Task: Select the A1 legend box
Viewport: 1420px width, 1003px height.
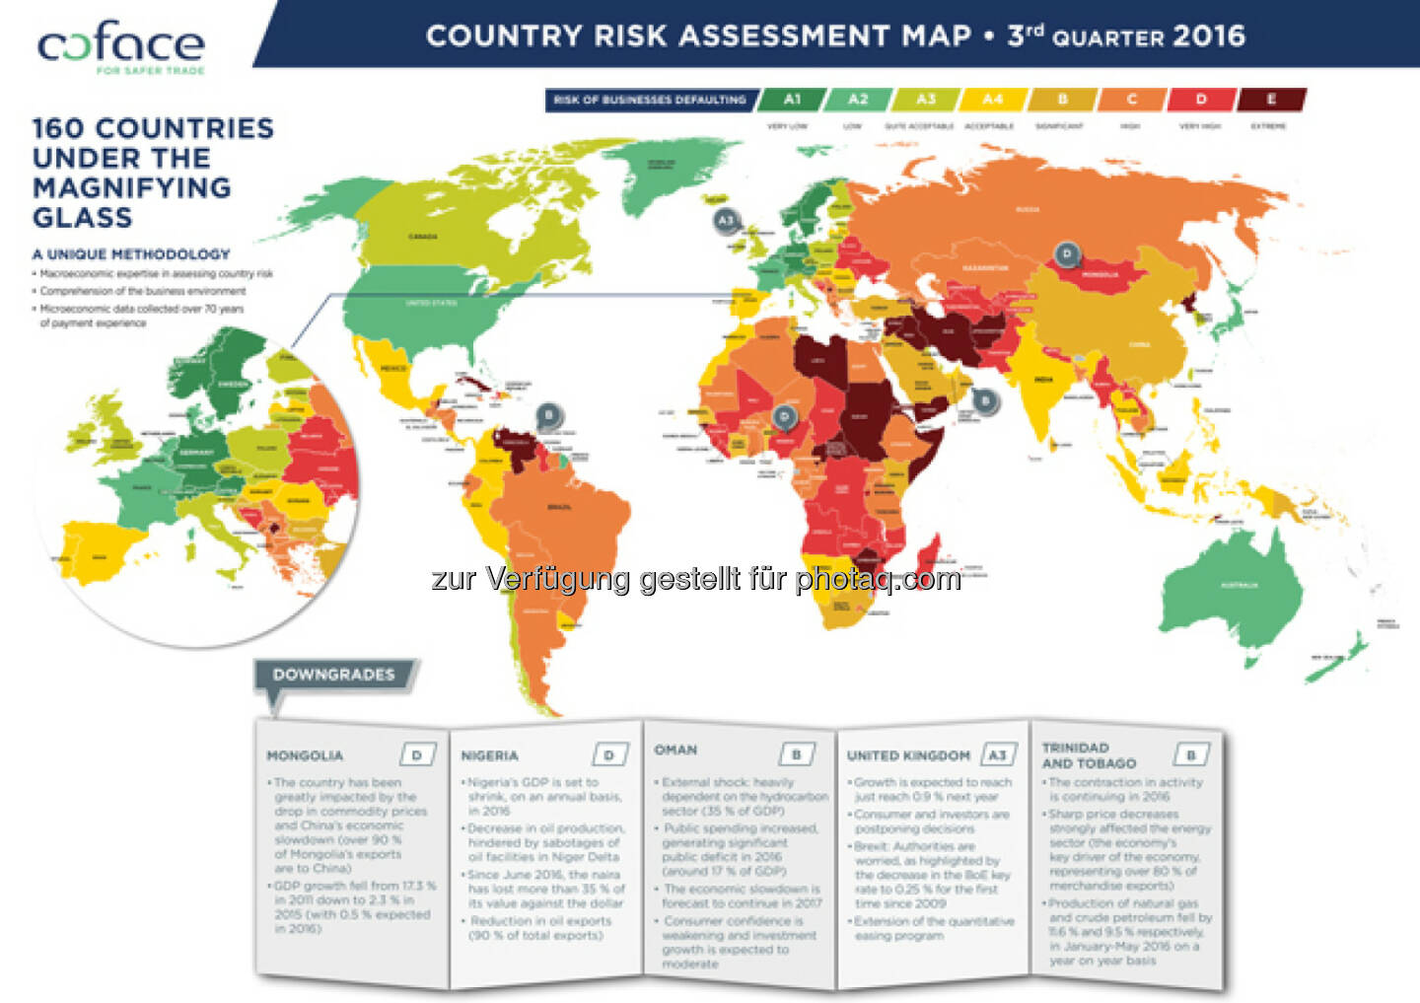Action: pyautogui.click(x=791, y=100)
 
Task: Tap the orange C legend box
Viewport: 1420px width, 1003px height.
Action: pyautogui.click(x=1131, y=100)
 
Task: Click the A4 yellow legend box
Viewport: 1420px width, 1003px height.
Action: pyautogui.click(x=992, y=100)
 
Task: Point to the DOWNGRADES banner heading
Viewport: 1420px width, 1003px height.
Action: pyautogui.click(x=333, y=675)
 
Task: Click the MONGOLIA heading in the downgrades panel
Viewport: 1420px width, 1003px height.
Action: pyautogui.click(x=305, y=755)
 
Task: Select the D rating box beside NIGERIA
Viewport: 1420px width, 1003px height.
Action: pyautogui.click(x=608, y=755)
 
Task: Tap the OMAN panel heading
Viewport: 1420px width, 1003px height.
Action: pyautogui.click(x=675, y=751)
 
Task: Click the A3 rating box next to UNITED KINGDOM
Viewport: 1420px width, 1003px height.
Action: pyautogui.click(x=997, y=755)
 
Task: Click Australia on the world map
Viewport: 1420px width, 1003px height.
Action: pyautogui.click(x=1238, y=587)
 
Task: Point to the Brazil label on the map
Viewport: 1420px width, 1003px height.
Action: pyautogui.click(x=558, y=507)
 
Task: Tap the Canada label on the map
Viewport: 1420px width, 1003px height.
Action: pyautogui.click(x=422, y=237)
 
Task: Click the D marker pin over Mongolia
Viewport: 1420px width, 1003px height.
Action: pyautogui.click(x=1066, y=254)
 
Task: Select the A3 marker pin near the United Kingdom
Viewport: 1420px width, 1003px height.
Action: pyautogui.click(x=726, y=220)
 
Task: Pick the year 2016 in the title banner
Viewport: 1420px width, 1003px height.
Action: pyautogui.click(x=1209, y=36)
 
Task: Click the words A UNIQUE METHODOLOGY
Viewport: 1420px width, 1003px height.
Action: pyautogui.click(x=131, y=254)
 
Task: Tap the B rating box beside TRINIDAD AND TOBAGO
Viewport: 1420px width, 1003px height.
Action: pyautogui.click(x=1190, y=755)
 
